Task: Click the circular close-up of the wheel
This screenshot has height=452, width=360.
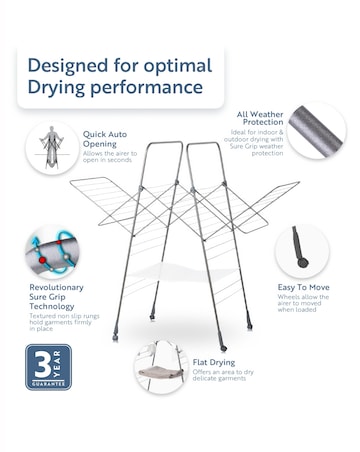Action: point(301,250)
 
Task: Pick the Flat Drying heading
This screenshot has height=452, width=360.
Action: point(214,362)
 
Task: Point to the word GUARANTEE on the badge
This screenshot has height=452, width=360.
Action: point(47,382)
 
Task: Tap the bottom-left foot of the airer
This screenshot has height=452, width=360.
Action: point(116,333)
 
